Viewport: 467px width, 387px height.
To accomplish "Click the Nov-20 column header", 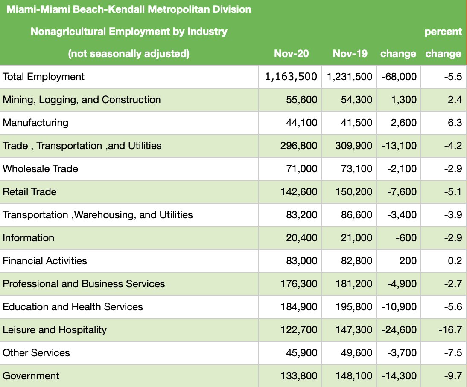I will coord(291,54).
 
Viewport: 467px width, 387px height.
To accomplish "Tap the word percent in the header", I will coord(443,32).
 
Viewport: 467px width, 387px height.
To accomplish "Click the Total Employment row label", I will coord(44,77).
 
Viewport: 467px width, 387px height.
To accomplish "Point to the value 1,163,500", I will coord(291,77).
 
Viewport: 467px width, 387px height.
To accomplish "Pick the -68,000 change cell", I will coord(399,77).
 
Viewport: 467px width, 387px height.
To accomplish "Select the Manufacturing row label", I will coord(35,123).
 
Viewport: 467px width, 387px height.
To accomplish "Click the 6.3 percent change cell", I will coord(455,123).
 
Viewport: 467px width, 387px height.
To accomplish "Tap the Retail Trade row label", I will coord(29,192).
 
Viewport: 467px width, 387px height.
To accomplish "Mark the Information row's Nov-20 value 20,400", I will coord(301,238).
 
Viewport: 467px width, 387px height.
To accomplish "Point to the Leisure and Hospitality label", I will coord(55,330).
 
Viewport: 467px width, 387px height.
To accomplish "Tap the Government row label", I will coord(31,376).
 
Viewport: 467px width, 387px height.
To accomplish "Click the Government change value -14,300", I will coord(399,376).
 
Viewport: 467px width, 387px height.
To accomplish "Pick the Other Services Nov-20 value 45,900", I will coord(301,353).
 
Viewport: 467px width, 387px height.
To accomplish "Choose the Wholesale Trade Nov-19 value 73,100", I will coord(356,169).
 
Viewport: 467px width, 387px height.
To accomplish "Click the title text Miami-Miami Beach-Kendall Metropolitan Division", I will coord(128,9).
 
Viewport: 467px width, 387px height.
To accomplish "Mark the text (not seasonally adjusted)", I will coord(128,54).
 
